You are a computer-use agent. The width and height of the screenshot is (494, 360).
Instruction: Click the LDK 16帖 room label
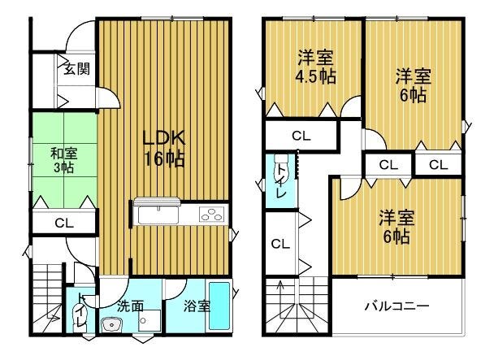(x=163, y=148)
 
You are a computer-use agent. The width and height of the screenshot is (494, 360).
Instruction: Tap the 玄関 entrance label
(x=77, y=69)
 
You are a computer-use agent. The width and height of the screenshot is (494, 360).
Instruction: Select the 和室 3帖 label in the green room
(x=64, y=161)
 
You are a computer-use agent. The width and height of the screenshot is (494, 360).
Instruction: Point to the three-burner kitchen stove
(x=212, y=214)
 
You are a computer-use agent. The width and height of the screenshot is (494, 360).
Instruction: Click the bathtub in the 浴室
(x=219, y=306)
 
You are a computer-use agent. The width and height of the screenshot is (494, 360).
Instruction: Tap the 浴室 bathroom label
(x=197, y=306)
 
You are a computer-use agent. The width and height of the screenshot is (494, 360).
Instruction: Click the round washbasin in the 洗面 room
(x=110, y=324)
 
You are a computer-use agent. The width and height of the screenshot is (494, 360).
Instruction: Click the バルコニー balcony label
(x=397, y=306)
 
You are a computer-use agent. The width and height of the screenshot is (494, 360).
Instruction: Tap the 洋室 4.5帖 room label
(x=315, y=67)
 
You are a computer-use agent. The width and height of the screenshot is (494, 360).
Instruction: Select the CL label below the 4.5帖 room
(x=301, y=137)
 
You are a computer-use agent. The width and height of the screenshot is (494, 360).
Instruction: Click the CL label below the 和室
(x=64, y=223)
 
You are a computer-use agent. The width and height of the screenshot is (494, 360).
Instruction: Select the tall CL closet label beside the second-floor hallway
(x=280, y=244)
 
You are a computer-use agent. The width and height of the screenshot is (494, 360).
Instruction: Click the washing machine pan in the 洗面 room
(x=149, y=321)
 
